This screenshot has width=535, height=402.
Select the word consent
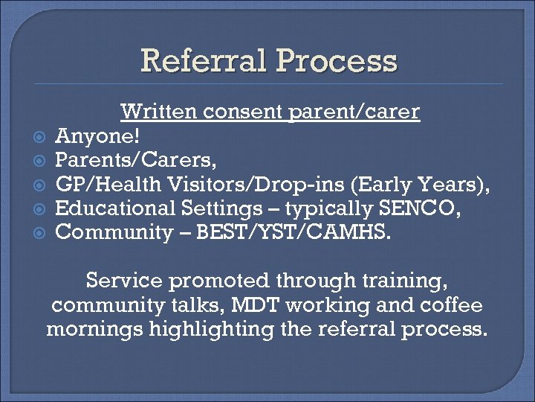(245, 112)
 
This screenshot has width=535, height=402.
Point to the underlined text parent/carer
(359, 112)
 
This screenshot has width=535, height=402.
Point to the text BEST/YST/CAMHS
(308, 232)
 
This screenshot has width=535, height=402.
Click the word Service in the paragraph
(123, 281)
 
